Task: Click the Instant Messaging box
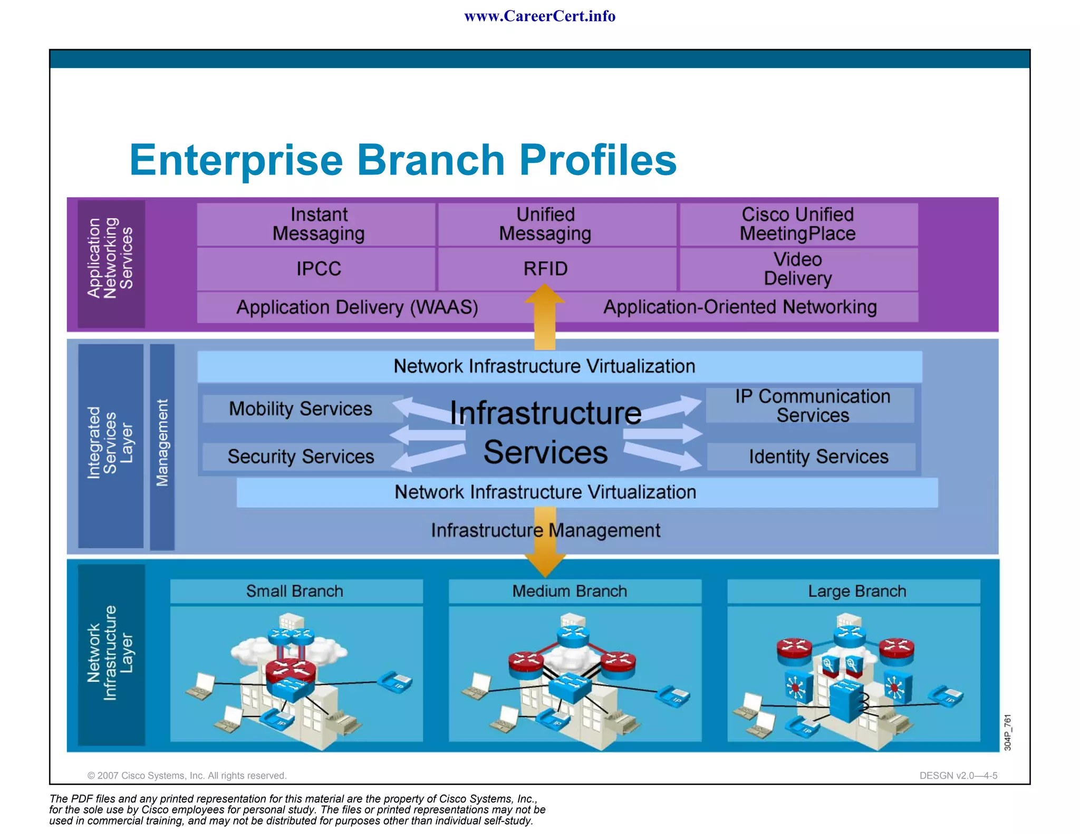[x=318, y=224]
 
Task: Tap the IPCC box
[x=318, y=269]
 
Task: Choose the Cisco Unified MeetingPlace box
[x=797, y=224]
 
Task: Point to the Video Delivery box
[x=797, y=269]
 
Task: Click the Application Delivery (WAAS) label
[x=357, y=307]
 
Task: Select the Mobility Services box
[x=301, y=409]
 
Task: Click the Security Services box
[x=301, y=457]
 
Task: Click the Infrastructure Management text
[x=545, y=530]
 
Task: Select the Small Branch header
[x=295, y=591]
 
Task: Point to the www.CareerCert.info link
[x=539, y=16]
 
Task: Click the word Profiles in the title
[x=597, y=160]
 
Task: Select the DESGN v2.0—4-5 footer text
[x=958, y=775]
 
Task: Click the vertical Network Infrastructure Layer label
[x=111, y=654]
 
